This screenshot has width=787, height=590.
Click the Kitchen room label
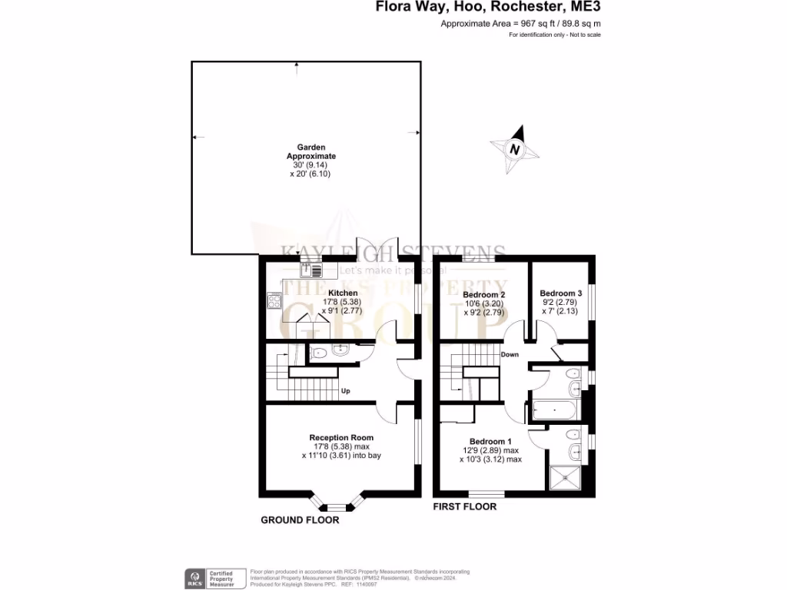click(342, 293)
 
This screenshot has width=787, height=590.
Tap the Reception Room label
click(341, 438)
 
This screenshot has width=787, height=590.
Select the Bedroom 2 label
click(483, 294)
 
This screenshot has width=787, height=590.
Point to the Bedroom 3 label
click(560, 293)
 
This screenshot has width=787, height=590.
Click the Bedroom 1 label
click(491, 441)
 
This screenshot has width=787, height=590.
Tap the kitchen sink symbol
click(310, 269)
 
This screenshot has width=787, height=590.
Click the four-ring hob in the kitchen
click(274, 301)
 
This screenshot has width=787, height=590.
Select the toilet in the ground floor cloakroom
click(320, 353)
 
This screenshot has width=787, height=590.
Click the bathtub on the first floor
click(554, 410)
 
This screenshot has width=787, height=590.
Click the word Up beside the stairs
click(346, 391)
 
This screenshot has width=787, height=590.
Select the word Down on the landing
click(510, 355)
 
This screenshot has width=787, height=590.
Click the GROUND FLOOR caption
click(300, 520)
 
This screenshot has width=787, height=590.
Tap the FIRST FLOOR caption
click(464, 507)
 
